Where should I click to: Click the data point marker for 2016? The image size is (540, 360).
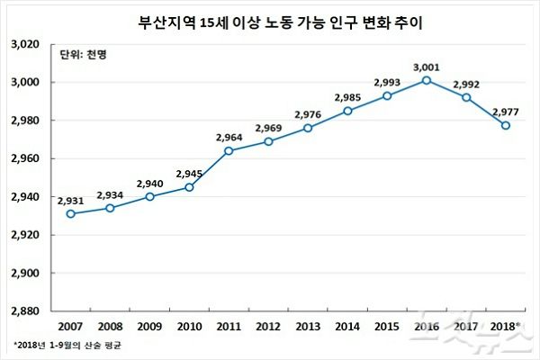coord(427,80)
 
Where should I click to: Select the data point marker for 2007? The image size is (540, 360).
coord(70,213)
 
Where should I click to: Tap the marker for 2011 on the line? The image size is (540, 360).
coord(229,150)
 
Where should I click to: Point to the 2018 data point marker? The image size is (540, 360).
coord(506,125)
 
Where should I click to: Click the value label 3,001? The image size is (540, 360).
coord(427,67)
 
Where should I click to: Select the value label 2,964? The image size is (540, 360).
coord(229,137)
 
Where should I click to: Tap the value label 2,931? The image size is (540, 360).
coord(70,200)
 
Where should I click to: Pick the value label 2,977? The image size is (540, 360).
coord(506,112)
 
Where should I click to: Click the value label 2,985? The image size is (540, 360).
coord(347,97)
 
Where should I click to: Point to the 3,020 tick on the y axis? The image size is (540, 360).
coord(29,44)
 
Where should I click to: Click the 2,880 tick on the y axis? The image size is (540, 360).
coord(29,311)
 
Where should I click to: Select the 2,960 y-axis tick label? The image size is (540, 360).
coord(29,158)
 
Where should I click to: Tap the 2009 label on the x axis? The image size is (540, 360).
coord(149,325)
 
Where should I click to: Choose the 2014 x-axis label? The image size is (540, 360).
coord(347,325)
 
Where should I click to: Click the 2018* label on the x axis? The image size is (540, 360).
coord(506,325)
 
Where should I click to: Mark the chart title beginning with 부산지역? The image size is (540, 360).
coord(270,19)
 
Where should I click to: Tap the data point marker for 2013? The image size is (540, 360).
coord(308,128)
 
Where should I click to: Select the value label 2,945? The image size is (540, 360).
coord(189,174)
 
